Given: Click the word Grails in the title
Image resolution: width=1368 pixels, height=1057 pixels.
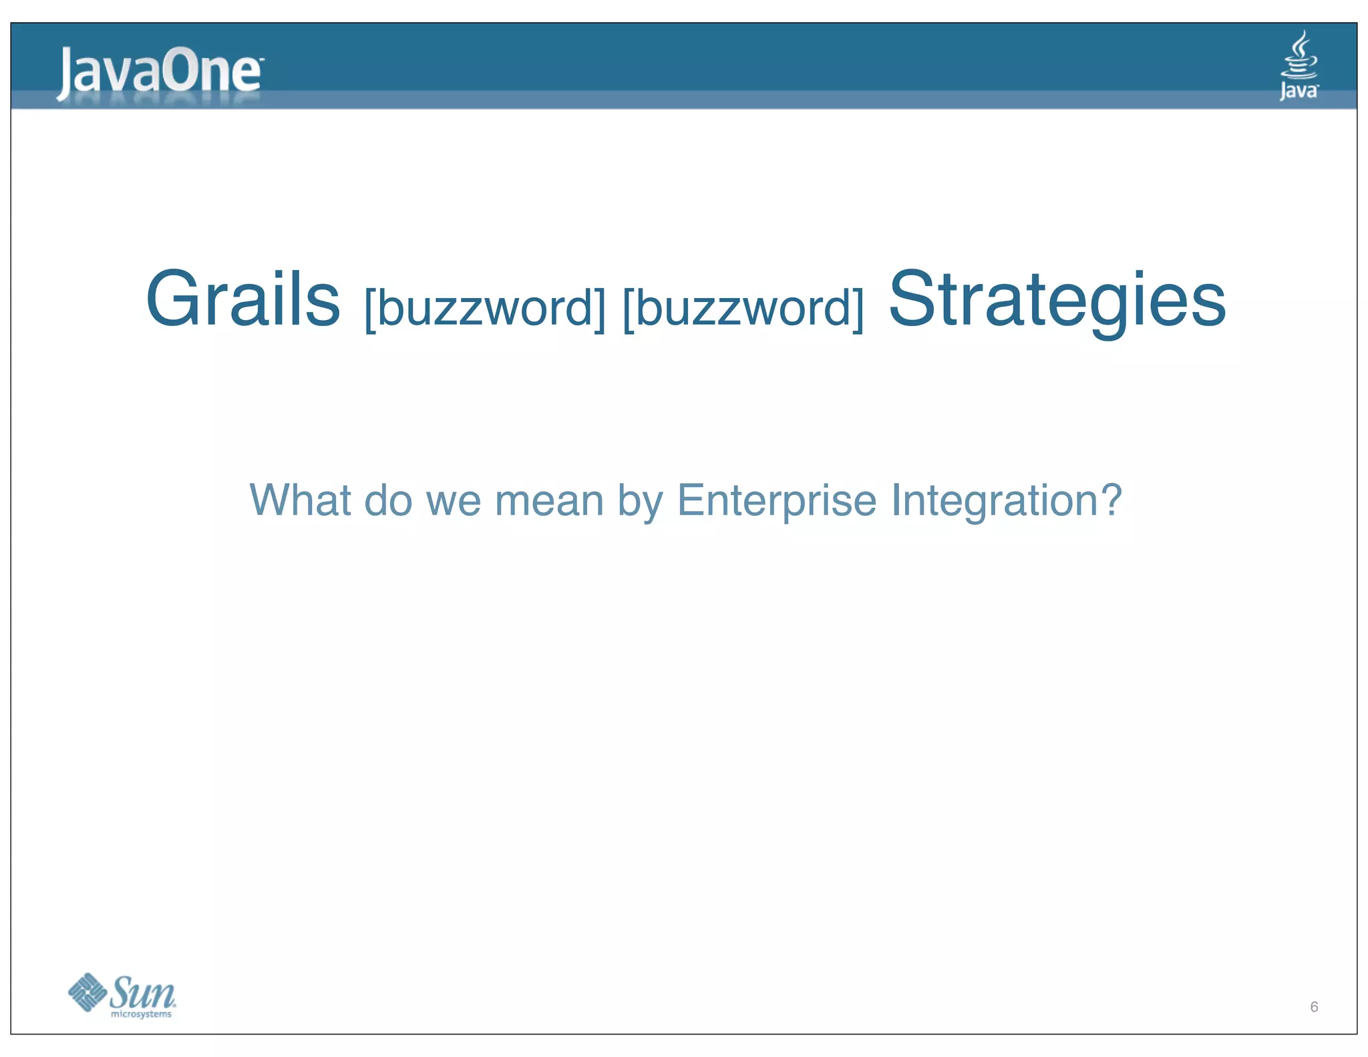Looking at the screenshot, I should tap(243, 299).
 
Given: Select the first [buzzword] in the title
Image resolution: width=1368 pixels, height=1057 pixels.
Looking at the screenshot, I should tap(485, 307).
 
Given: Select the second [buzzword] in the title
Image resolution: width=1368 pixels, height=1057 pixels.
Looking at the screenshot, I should tap(743, 307).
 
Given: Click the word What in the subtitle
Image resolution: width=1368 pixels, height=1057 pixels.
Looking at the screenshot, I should tap(300, 500).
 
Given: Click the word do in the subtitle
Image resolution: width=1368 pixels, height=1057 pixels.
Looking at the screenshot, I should tap(388, 500).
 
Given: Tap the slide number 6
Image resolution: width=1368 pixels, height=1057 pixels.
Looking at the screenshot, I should tap(1314, 1007).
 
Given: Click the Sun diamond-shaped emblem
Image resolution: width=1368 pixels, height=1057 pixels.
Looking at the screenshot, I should tap(88, 992).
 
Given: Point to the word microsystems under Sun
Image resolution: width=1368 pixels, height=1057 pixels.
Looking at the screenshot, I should tap(141, 1014).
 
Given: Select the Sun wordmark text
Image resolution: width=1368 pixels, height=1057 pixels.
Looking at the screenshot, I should tap(142, 992).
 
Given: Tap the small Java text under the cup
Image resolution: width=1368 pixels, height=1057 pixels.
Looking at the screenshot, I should tap(1299, 91).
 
